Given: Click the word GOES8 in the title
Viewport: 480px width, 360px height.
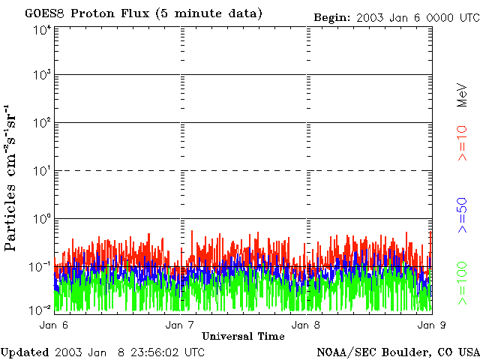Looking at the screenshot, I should coord(43,13).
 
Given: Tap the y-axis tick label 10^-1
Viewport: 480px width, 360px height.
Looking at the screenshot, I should coord(40,266).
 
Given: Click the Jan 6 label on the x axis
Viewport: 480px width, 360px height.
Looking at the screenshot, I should coord(54,325).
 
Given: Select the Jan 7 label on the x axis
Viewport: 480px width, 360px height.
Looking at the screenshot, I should coord(180,325).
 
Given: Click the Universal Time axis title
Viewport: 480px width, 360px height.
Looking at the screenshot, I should coord(243,336).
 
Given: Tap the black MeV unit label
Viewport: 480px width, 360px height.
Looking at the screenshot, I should coord(462,94).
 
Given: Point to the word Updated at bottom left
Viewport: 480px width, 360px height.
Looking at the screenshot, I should coord(25,352).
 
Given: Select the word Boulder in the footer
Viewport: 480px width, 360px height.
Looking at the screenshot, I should coord(405,352).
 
